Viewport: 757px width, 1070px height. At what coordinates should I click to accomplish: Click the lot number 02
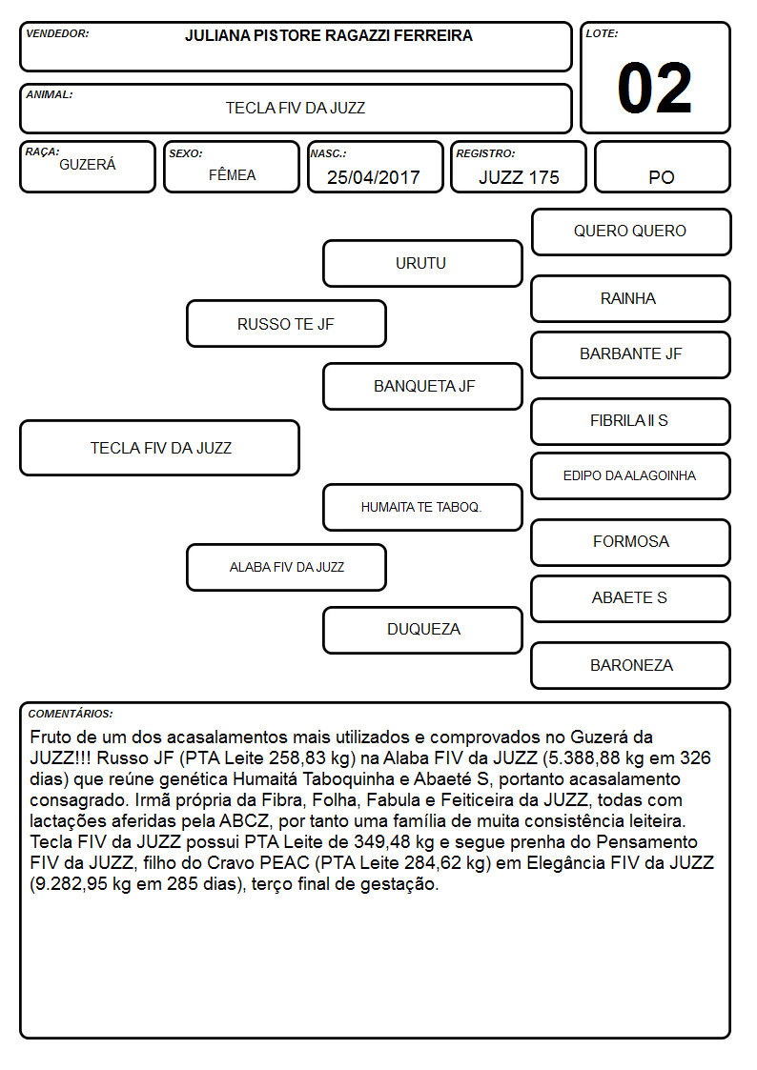[x=655, y=88]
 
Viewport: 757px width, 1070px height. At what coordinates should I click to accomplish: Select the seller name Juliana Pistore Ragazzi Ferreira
[x=328, y=35]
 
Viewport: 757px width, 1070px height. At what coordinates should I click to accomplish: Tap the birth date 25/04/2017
[x=374, y=177]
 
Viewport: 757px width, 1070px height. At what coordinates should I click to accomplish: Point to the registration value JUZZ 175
[x=519, y=177]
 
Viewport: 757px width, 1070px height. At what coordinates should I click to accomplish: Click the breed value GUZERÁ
[x=88, y=165]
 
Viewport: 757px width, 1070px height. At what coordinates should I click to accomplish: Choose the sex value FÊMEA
[x=232, y=174]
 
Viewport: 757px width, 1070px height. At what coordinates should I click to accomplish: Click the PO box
[x=662, y=167]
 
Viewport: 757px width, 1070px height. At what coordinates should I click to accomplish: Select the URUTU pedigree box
[x=422, y=263]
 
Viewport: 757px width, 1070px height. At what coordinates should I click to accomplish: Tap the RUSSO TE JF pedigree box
[x=286, y=323]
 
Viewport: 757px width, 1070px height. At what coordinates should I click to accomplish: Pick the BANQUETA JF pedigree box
[x=422, y=386]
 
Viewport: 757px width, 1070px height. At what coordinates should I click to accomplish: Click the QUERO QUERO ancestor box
[x=631, y=232]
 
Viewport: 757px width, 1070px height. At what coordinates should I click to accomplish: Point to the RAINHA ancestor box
[x=631, y=298]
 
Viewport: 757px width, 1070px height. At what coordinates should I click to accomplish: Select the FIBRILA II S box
[x=631, y=421]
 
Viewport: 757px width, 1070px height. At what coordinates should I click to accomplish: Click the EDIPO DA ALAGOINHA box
[x=631, y=475]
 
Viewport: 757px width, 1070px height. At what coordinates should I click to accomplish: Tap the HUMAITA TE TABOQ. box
[x=422, y=507]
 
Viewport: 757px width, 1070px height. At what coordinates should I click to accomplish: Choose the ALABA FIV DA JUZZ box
[x=286, y=567]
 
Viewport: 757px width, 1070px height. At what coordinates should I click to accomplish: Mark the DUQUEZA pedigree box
[x=422, y=630]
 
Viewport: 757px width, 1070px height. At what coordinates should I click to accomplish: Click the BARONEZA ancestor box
[x=631, y=665]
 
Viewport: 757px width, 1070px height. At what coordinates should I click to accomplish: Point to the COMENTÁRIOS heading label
[x=71, y=714]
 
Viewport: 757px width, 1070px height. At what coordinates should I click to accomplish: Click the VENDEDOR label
[x=57, y=33]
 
